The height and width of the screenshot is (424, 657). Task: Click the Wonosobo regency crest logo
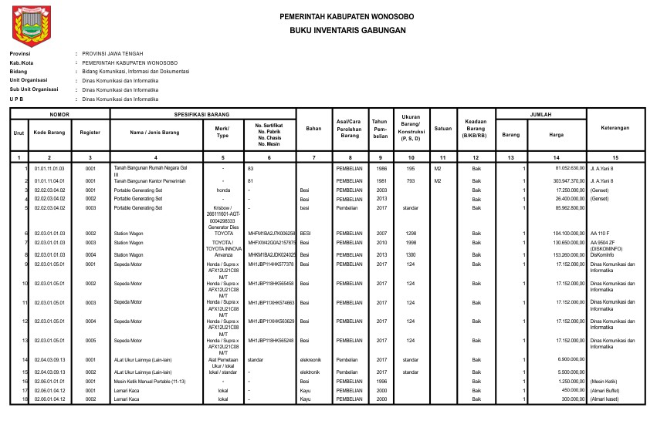[x=30, y=25]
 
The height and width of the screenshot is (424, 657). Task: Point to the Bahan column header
[x=313, y=127]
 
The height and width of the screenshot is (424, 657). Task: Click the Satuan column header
[x=443, y=127]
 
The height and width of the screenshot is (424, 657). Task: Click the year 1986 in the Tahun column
[x=381, y=167]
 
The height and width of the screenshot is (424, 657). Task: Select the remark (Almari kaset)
[x=606, y=399]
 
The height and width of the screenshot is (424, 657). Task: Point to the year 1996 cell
[x=381, y=381]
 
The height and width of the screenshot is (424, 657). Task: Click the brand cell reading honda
[x=222, y=189]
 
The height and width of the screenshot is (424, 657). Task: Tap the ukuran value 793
[x=411, y=180]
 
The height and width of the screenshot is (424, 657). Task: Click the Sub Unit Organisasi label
[x=34, y=89]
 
